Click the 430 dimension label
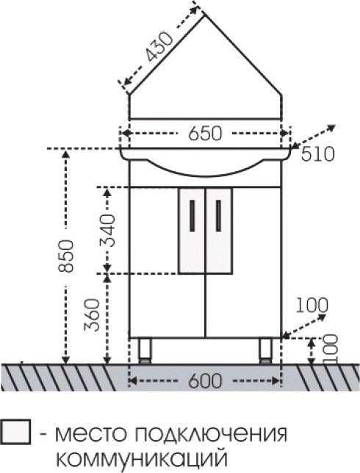[x=159, y=46]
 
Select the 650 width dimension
[x=205, y=134]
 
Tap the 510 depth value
[x=317, y=154]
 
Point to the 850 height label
[x=66, y=256]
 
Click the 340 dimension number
[x=108, y=231]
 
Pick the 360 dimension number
[x=92, y=315]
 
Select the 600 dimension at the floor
[x=205, y=381]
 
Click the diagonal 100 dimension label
[x=312, y=305]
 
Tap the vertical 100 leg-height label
[x=330, y=349]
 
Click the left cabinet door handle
[x=192, y=216]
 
